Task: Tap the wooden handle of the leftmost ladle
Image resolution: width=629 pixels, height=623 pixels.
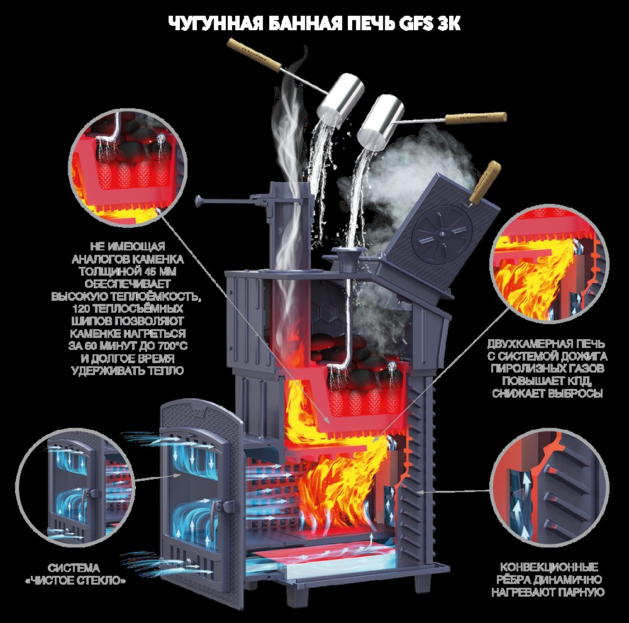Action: point(255,55)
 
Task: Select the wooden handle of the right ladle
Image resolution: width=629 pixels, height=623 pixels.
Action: point(476,117)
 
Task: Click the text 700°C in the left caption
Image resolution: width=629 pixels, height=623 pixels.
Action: point(169,345)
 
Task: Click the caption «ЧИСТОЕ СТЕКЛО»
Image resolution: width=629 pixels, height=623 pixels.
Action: point(75,580)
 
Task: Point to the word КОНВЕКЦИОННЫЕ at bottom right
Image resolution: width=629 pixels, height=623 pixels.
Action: point(548,567)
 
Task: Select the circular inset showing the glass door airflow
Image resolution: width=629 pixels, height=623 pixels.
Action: point(76,487)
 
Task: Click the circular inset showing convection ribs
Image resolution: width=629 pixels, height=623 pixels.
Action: point(550,487)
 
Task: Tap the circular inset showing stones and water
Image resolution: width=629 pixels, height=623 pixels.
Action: point(128,168)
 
